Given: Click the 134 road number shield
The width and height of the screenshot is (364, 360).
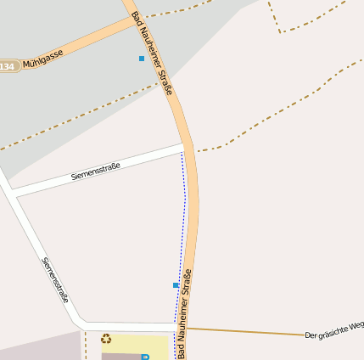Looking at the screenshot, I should pyautogui.click(x=8, y=66).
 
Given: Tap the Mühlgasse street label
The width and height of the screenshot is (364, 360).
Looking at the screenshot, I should pyautogui.click(x=44, y=61).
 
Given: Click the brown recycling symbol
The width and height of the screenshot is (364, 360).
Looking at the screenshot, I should pyautogui.click(x=106, y=339).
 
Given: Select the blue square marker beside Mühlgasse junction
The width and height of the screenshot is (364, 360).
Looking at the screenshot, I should pyautogui.click(x=141, y=59).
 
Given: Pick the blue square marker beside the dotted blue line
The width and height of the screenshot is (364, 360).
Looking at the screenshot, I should pyautogui.click(x=176, y=285).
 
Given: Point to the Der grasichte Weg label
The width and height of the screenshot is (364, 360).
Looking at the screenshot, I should pyautogui.click(x=333, y=329).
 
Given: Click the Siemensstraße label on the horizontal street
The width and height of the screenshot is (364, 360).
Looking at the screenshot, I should pyautogui.click(x=96, y=172).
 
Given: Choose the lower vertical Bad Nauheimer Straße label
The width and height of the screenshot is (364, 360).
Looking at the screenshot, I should pyautogui.click(x=187, y=315).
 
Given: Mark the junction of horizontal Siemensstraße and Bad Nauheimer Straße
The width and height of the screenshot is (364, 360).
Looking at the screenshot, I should pyautogui.click(x=188, y=149).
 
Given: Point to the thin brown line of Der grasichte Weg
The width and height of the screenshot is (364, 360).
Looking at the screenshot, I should pyautogui.click(x=255, y=332).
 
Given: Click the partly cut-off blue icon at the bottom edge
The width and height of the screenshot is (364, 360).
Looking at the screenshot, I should pyautogui.click(x=145, y=357).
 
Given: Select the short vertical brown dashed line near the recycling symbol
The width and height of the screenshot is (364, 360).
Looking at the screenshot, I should pyautogui.click(x=85, y=346).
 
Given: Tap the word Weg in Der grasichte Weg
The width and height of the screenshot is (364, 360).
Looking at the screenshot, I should pyautogui.click(x=356, y=324).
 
